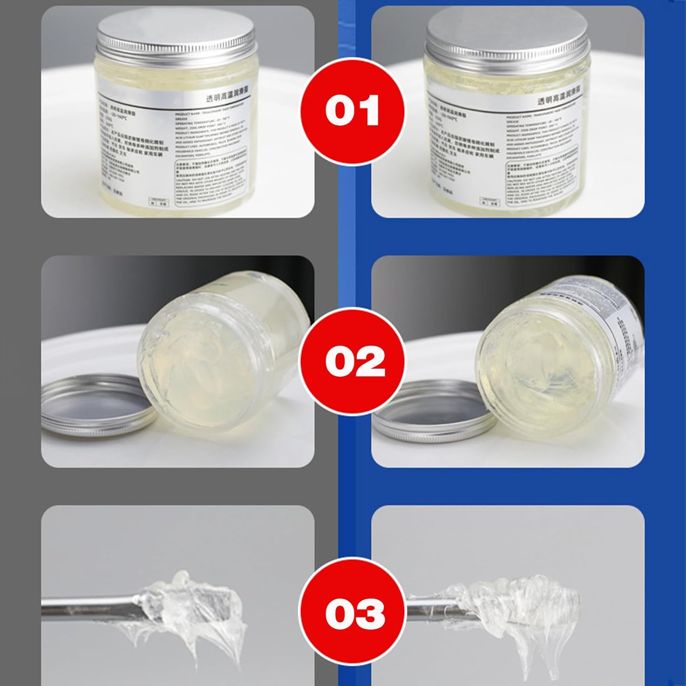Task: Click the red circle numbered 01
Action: pos(352,111)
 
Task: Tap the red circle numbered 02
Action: pos(352,361)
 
